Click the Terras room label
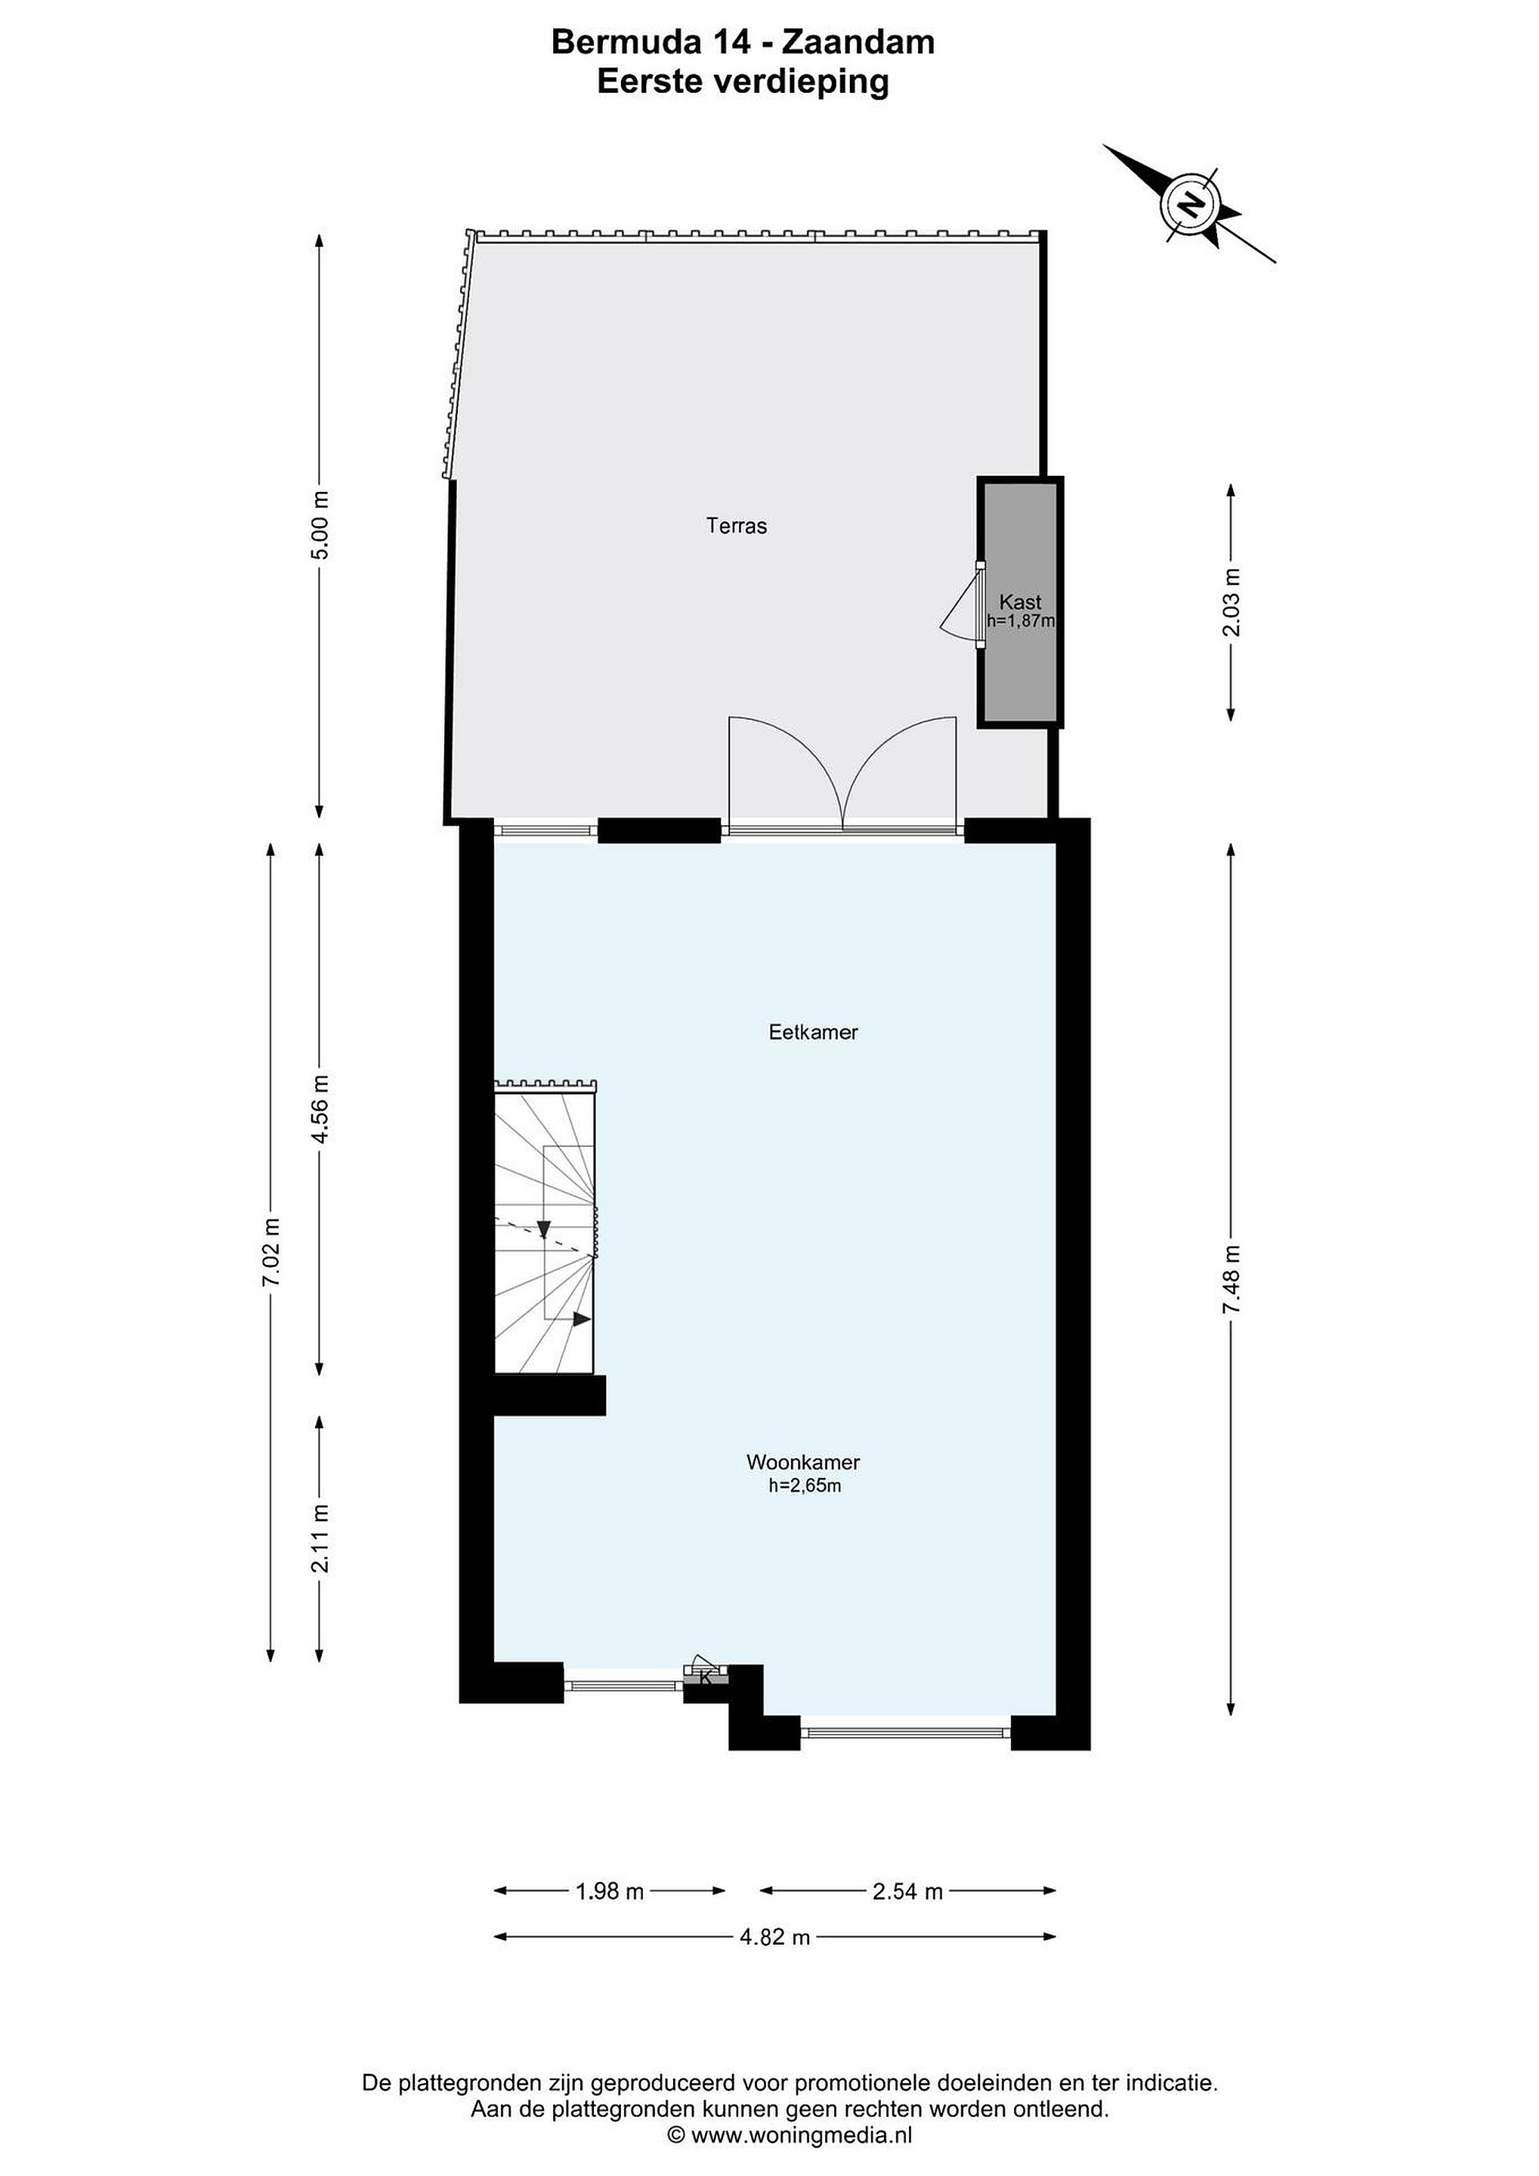pyautogui.click(x=737, y=525)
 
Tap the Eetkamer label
pyautogui.click(x=813, y=1032)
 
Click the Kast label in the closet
pyautogui.click(x=1020, y=602)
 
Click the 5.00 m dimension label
pyautogui.click(x=320, y=524)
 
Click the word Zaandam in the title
pyautogui.click(x=858, y=42)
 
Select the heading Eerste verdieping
pyautogui.click(x=743, y=82)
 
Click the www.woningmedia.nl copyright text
pyautogui.click(x=790, y=2134)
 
